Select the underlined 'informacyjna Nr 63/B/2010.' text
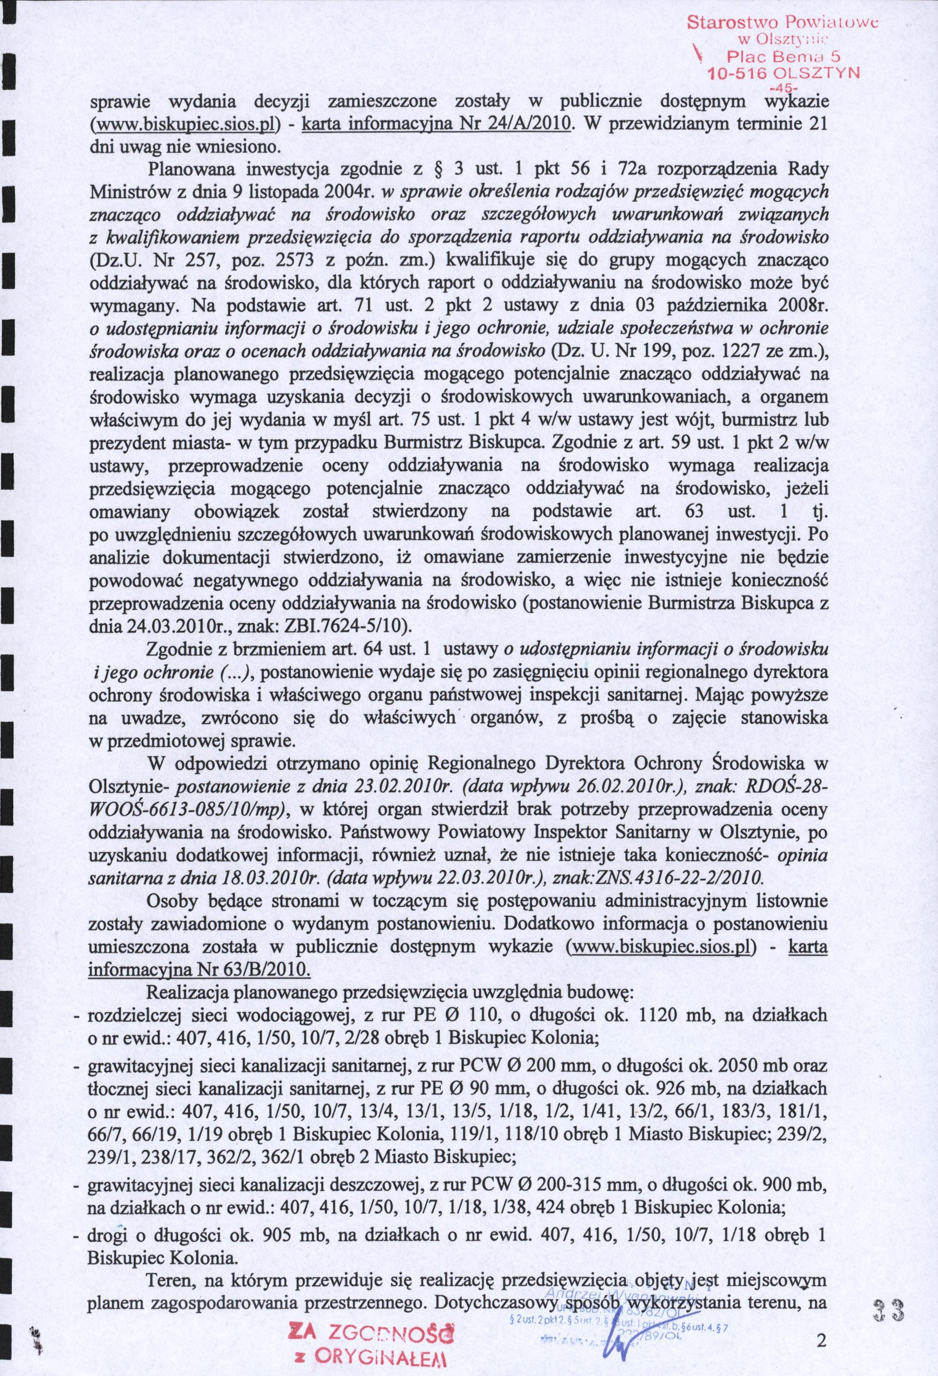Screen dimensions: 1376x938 [198, 951]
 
